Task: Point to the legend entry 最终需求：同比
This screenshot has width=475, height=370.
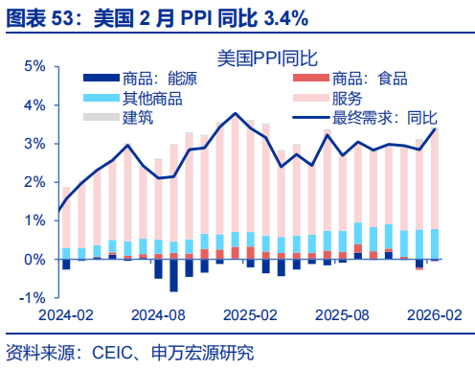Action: click(x=383, y=117)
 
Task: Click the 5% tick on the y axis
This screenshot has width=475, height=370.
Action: click(x=34, y=66)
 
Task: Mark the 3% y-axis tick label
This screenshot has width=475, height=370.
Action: click(x=34, y=144)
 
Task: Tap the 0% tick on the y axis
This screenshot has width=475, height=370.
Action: click(x=34, y=260)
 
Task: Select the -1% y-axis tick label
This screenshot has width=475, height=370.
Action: click(x=31, y=298)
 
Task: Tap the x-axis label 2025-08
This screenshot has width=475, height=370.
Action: click(x=342, y=314)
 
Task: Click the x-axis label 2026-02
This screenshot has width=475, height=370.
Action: click(x=433, y=314)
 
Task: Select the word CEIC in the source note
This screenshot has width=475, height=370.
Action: click(x=115, y=352)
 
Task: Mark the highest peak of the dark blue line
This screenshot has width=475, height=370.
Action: click(x=235, y=113)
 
